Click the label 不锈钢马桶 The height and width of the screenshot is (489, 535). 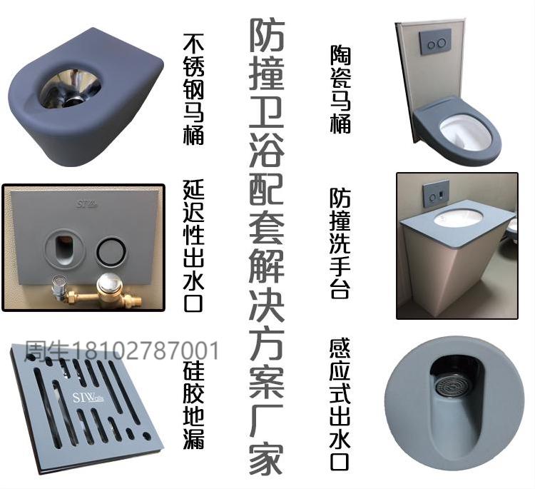[193, 89]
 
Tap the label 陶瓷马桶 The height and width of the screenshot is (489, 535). [340, 90]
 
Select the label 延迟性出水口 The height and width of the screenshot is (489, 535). [194, 246]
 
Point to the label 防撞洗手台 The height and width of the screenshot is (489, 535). [340, 243]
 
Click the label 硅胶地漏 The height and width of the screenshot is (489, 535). [194, 404]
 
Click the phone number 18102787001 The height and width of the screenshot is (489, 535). [146, 351]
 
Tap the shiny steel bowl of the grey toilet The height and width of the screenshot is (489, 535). [71, 87]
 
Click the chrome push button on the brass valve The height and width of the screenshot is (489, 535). [108, 283]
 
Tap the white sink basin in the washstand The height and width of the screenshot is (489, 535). [458, 218]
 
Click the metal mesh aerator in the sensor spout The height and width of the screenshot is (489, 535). [452, 388]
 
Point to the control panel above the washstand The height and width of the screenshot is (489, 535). [436, 193]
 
